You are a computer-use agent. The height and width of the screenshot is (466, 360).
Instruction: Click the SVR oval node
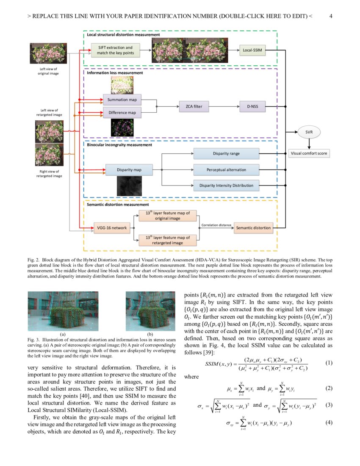click(x=309, y=132)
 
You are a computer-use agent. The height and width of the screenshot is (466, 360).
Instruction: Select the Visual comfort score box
click(x=309, y=153)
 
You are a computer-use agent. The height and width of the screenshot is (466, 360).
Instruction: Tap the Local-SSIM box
click(x=252, y=51)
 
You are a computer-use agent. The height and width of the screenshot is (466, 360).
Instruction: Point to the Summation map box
click(x=122, y=100)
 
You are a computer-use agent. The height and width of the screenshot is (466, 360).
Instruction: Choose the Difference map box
click(x=122, y=113)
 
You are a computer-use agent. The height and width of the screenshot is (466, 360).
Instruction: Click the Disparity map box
click(x=129, y=170)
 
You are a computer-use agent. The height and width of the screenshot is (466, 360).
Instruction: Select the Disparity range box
click(x=226, y=154)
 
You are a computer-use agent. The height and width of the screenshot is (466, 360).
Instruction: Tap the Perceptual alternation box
click(x=226, y=170)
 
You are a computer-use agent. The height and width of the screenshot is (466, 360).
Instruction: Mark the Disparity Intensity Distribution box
click(x=226, y=185)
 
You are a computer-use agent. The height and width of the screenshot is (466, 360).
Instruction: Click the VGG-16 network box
click(x=112, y=228)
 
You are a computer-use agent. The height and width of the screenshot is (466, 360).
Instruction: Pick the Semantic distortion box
click(x=253, y=228)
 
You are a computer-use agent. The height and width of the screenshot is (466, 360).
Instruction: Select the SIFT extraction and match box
click(x=115, y=50)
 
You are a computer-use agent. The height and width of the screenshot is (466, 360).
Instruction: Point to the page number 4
click(x=330, y=17)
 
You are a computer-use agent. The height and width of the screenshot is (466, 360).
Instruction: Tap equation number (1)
click(x=329, y=363)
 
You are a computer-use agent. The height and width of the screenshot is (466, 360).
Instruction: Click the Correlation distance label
click(x=216, y=225)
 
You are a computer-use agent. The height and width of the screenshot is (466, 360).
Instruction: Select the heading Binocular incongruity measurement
click(x=119, y=145)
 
